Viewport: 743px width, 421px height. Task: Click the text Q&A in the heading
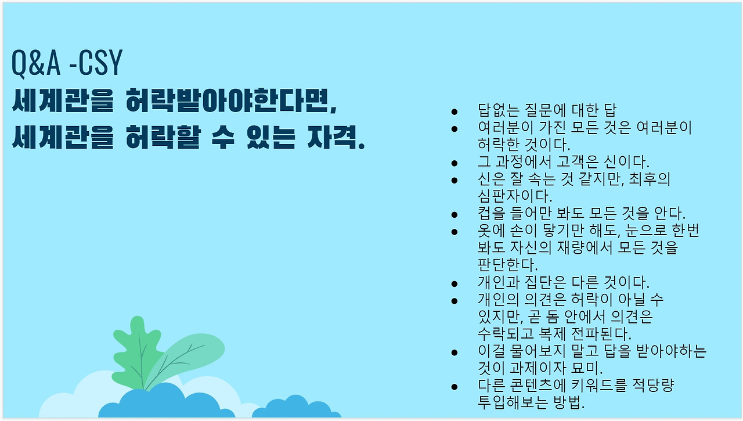pos(36,63)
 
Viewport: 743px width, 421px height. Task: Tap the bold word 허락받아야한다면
pos(232,100)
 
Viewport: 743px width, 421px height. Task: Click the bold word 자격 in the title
pos(336,136)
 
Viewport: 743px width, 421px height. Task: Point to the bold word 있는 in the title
pos(271,136)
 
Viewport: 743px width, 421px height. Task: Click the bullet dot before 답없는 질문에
pos(455,111)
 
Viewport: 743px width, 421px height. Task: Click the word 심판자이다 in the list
pos(515,196)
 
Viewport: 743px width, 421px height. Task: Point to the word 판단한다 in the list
pos(507,265)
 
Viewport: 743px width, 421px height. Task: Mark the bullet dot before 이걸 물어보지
pos(455,352)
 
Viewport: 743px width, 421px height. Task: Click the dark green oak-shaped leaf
pos(136,355)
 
